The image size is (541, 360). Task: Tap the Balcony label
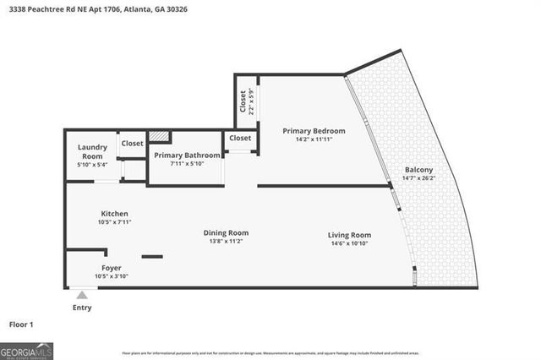[x=418, y=169]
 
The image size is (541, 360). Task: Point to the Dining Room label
[x=226, y=232]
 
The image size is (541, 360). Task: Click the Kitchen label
[x=114, y=214]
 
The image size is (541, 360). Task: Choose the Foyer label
[x=112, y=268]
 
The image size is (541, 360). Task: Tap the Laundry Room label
[x=92, y=152]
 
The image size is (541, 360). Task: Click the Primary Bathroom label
[x=188, y=155]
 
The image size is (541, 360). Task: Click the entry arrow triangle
[x=82, y=295]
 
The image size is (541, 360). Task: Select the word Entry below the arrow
[x=82, y=308]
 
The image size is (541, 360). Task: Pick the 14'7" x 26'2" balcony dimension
[x=418, y=178]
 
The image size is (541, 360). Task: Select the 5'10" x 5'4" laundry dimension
[x=92, y=166]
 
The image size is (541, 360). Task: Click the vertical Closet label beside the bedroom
[x=243, y=102]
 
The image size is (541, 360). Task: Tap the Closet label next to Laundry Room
[x=132, y=144]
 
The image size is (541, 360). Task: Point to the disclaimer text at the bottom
[x=270, y=352]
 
